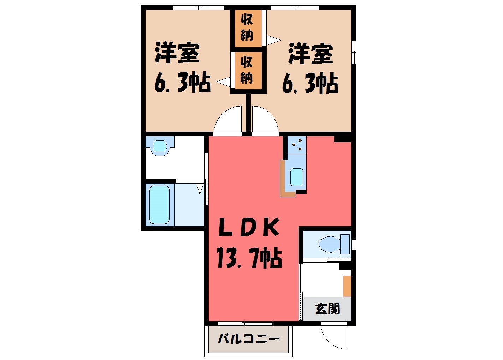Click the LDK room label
tap(249, 227)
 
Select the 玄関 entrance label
tap(328, 309)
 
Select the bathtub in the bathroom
tap(159, 205)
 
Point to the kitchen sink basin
tap(297, 177)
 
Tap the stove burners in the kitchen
tap(297, 145)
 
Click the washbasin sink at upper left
tap(160, 146)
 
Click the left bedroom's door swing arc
tap(223, 113)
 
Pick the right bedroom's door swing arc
tap(270, 113)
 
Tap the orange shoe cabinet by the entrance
tap(347, 286)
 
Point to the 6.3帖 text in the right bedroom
tap(310, 84)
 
